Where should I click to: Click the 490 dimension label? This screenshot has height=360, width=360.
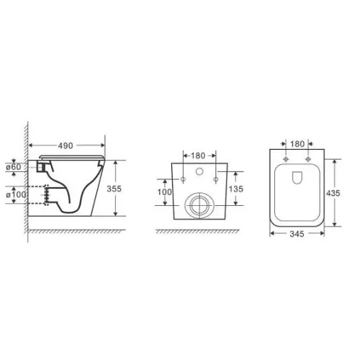pyautogui.click(x=66, y=145)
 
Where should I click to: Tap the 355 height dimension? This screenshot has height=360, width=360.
pyautogui.click(x=114, y=189)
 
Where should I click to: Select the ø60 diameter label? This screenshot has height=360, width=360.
pyautogui.click(x=14, y=167)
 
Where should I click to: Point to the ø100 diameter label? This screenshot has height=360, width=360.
pyautogui.click(x=16, y=194)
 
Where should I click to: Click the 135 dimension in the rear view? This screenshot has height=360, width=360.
pyautogui.click(x=236, y=189)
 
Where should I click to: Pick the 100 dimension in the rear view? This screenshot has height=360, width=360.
pyautogui.click(x=165, y=192)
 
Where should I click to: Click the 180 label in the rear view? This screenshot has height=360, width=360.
pyautogui.click(x=198, y=156)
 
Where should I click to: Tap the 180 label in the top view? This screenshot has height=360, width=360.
pyautogui.click(x=297, y=144)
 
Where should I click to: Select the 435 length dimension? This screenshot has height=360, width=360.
pyautogui.click(x=333, y=193)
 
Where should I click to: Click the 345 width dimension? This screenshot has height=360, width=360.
pyautogui.click(x=297, y=234)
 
